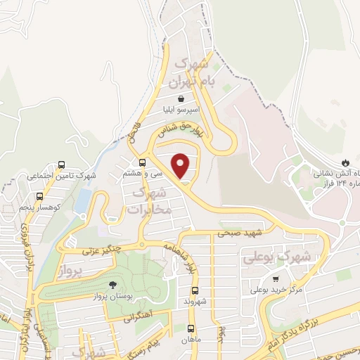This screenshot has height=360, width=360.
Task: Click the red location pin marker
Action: (x=181, y=165)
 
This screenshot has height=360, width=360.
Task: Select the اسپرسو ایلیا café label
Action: (x=182, y=110)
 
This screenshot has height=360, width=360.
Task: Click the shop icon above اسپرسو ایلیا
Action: (x=181, y=100)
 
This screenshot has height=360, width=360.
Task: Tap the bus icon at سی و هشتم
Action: (x=143, y=162)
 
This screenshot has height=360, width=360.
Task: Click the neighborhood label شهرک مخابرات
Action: (x=150, y=201)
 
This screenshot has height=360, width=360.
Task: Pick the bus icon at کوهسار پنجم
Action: (x=39, y=197)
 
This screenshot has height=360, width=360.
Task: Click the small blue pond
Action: (x=82, y=202)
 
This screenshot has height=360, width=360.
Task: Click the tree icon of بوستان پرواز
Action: (x=112, y=285)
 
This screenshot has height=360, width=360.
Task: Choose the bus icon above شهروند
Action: (x=194, y=290)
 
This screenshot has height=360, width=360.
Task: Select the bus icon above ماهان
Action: (x=191, y=329)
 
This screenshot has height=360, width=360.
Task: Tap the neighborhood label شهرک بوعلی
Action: (x=278, y=258)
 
